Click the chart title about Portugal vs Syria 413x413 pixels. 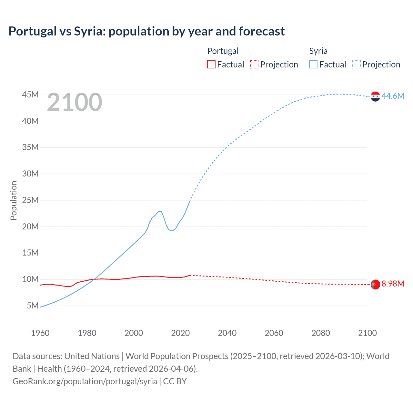tap(146, 31)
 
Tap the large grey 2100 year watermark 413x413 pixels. tap(75, 103)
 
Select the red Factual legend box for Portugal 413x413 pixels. tap(211, 64)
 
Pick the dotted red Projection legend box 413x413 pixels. tap(254, 64)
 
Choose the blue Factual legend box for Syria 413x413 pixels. tap(313, 64)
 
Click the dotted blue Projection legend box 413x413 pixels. tap(356, 64)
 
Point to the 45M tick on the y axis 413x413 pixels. tap(30, 95)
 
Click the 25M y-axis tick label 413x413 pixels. tap(30, 200)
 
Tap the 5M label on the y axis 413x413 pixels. tap(33, 305)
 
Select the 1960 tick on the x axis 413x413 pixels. tap(40, 333)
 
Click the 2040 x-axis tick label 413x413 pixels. tap(227, 333)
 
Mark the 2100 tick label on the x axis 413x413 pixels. tap(367, 333)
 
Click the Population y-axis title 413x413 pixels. tap(14, 200)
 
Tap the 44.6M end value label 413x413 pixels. tap(393, 96)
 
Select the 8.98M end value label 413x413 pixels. tap(393, 284)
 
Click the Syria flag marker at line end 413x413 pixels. tap(375, 96)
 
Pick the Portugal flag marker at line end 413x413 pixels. tap(375, 285)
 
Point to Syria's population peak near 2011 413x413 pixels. tap(159, 211)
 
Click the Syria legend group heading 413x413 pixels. tap(318, 51)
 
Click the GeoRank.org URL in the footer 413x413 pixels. tap(85, 381)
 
